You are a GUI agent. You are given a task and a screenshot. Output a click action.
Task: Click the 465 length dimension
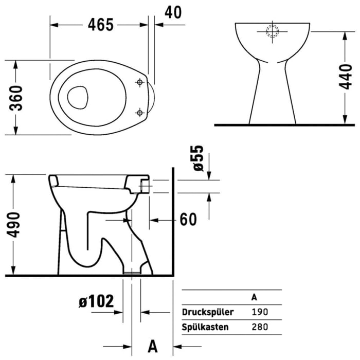click(x=99, y=24)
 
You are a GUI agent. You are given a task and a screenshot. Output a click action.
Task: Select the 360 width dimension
click(x=17, y=97)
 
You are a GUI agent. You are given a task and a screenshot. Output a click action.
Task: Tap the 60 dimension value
click(x=188, y=220)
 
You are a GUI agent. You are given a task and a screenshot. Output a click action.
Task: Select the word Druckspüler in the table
click(x=208, y=312)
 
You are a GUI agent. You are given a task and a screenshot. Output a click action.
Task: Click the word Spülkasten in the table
click(x=205, y=327)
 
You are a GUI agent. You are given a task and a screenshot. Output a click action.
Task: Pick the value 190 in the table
click(x=259, y=312)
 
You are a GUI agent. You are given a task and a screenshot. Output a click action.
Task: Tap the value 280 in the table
click(x=259, y=327)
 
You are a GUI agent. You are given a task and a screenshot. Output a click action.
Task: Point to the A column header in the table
click(x=254, y=297)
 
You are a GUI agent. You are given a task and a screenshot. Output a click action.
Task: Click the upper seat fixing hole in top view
click(x=139, y=82)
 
